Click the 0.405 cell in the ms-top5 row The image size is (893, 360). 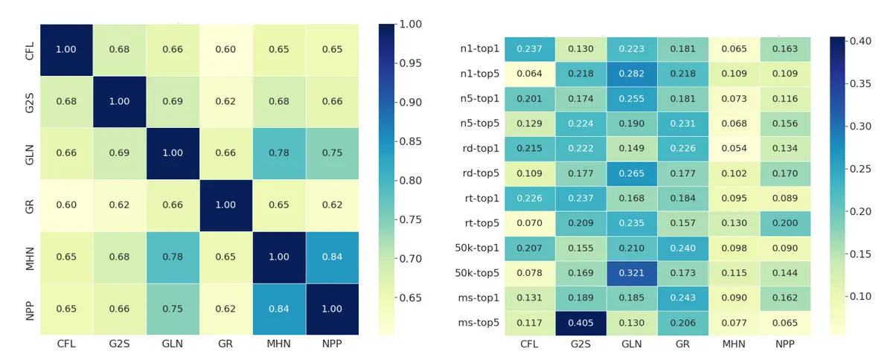pyautogui.click(x=582, y=324)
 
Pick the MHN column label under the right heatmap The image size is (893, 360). pyautogui.click(x=734, y=344)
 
